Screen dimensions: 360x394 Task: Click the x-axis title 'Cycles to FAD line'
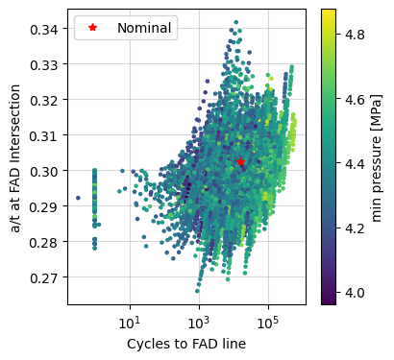pos(186,344)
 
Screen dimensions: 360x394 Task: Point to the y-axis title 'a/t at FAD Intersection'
pos(13,157)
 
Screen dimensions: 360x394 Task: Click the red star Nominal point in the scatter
pos(240,162)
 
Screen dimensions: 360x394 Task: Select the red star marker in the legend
pos(93,28)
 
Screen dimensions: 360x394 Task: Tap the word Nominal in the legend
pos(144,28)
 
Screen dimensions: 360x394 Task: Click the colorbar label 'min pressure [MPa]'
pos(378,157)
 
